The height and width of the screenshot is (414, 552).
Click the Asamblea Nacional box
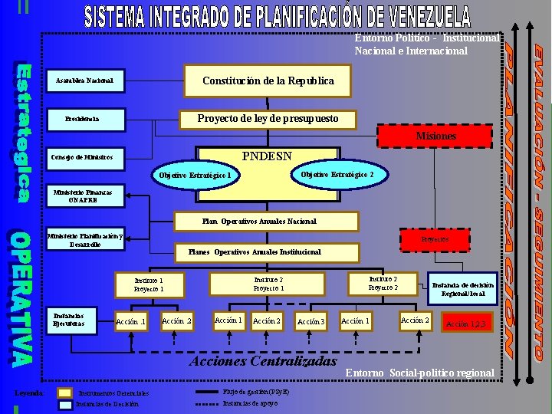[84, 80]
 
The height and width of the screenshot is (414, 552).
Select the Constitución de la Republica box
[268, 80]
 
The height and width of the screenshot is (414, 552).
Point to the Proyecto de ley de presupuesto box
[257, 119]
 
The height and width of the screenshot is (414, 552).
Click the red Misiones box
[435, 136]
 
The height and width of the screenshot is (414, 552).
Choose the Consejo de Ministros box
[81, 157]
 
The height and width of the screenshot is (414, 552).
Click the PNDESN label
[267, 156]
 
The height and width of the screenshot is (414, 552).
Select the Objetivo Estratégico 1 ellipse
[195, 176]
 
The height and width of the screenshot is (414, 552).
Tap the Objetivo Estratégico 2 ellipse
[337, 174]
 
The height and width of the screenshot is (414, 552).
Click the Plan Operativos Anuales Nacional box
[259, 221]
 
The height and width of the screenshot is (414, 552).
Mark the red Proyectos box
[435, 240]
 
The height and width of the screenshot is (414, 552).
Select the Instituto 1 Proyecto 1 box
[149, 285]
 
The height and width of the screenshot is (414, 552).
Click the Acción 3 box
[311, 321]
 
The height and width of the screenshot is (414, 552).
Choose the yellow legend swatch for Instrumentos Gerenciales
[65, 393]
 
